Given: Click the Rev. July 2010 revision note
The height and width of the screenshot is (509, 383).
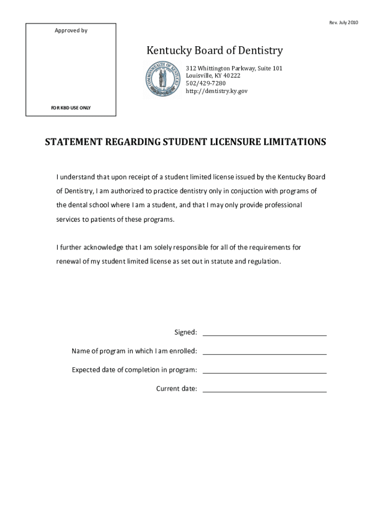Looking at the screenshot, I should point(344,23).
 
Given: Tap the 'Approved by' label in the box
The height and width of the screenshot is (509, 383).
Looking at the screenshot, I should point(71,31).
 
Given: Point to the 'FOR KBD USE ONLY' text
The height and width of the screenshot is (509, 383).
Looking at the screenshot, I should point(71,108).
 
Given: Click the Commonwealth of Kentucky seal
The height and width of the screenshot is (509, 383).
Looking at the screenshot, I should point(163,79).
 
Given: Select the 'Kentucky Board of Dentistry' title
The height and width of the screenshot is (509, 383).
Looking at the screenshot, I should point(214,51).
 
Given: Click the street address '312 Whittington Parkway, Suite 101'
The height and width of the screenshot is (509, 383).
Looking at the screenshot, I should point(234,68).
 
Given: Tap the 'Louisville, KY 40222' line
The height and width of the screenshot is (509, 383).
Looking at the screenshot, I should point(213,76).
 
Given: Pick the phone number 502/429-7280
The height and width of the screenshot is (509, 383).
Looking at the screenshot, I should point(205,84).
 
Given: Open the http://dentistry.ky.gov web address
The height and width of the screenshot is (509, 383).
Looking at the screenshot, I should point(216,91).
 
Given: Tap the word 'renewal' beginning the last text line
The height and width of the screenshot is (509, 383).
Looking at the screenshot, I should point(68,261).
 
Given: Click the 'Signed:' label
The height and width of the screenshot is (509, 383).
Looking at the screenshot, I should point(185,332).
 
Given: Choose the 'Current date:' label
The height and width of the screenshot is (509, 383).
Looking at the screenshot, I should point(177,389).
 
